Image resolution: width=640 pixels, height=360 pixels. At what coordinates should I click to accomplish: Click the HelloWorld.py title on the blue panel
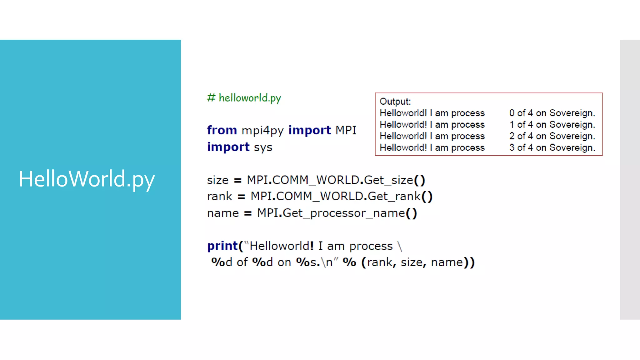[87, 179]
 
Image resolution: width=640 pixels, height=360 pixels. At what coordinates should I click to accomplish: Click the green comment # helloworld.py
[244, 98]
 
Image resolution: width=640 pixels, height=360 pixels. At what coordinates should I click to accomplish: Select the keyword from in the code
[222, 130]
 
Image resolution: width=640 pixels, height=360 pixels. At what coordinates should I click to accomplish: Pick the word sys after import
[263, 147]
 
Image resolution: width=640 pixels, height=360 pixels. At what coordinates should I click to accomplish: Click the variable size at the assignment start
[217, 180]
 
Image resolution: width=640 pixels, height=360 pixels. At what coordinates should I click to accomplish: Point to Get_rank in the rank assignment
[394, 197]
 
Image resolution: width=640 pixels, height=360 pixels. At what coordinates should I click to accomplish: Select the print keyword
[222, 246]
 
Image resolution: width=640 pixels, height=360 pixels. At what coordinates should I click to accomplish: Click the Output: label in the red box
[395, 102]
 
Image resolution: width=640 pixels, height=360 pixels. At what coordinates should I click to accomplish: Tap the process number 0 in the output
[512, 113]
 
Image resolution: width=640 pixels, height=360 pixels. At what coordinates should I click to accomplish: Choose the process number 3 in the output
[512, 147]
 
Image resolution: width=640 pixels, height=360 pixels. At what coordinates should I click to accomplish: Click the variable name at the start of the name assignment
[223, 213]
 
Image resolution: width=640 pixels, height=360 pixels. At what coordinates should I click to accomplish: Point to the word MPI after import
[346, 130]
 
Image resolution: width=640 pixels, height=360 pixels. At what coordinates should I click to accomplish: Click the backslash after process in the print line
[400, 246]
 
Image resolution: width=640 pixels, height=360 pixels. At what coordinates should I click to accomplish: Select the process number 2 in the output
[512, 136]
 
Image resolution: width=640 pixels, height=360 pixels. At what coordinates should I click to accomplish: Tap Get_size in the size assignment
[388, 180]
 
